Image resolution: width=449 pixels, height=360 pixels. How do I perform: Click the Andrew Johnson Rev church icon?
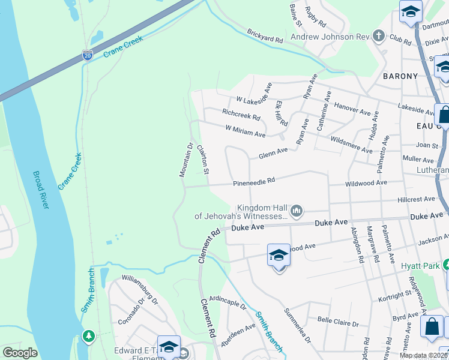click(x=378, y=37)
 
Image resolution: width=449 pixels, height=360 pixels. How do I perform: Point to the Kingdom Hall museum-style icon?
click(x=297, y=211)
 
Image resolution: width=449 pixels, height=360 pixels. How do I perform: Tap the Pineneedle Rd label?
click(x=254, y=180)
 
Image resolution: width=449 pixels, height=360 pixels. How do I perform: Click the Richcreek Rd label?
click(x=241, y=114)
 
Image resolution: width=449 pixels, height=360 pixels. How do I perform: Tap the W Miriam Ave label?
click(x=245, y=131)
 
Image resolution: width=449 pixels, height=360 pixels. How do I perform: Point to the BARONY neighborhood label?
click(x=400, y=76)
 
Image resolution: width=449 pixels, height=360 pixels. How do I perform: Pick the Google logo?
click(x=20, y=353)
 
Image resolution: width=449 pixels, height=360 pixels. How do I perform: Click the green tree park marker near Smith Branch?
click(x=89, y=335)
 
